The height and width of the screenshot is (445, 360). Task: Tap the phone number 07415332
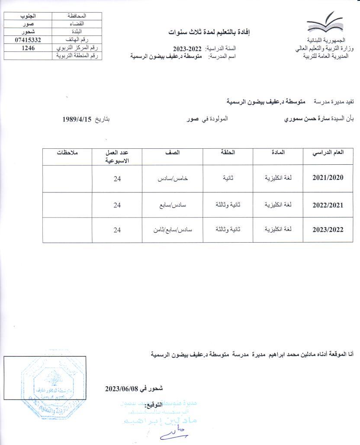point(28,40)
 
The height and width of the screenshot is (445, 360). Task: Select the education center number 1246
point(28,48)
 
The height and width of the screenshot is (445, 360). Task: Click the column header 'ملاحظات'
point(67,153)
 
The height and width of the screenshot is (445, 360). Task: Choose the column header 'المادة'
point(281,153)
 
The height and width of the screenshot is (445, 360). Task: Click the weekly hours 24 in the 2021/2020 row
point(117,179)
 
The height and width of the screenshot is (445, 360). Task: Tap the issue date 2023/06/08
point(121,388)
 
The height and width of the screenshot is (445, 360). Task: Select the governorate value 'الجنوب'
point(28,16)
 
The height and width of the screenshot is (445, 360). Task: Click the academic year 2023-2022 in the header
point(187,48)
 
